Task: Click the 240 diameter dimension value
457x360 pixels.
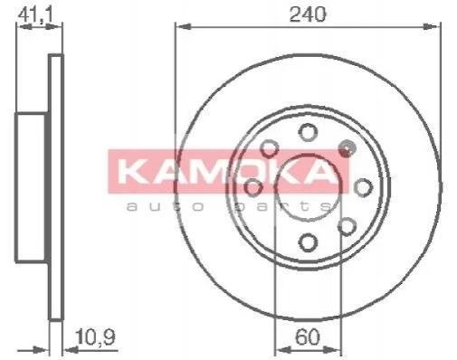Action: (308, 14)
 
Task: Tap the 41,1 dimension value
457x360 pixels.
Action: (35, 14)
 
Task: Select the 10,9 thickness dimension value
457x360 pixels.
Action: (95, 336)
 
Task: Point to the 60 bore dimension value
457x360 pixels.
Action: (307, 336)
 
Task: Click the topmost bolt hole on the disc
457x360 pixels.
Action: (308, 132)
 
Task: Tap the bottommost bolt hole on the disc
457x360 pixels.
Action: (308, 242)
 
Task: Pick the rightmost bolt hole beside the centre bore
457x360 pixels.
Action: (363, 187)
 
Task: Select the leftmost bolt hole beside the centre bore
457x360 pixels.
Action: (253, 187)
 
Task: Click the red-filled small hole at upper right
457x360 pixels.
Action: (347, 148)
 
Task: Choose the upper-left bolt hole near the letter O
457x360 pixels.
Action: (269, 148)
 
